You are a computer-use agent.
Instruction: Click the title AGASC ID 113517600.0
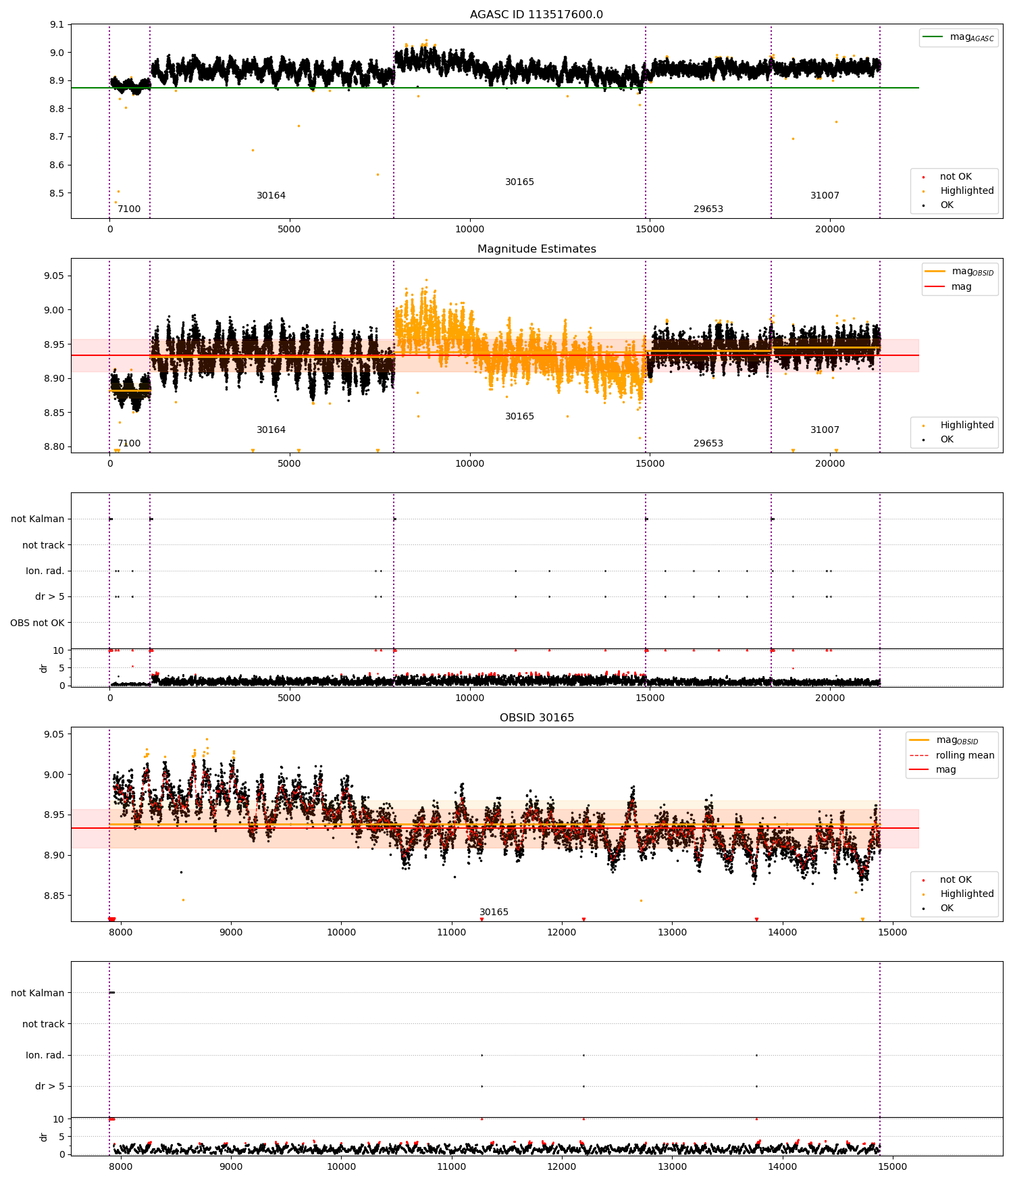pyautogui.click(x=536, y=15)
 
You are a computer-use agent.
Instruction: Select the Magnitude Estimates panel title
pyautogui.click(x=536, y=249)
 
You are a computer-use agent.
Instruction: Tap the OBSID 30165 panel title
pyautogui.click(x=536, y=718)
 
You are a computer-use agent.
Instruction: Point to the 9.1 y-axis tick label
pyautogui.click(x=57, y=25)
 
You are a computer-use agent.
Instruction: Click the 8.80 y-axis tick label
pyautogui.click(x=53, y=446)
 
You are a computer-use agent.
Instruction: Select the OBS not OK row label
pyautogui.click(x=37, y=623)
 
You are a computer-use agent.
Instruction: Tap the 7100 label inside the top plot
pyautogui.click(x=129, y=209)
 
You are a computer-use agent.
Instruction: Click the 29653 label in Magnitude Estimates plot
pyautogui.click(x=708, y=444)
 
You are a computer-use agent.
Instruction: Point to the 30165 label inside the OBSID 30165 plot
pyautogui.click(x=494, y=913)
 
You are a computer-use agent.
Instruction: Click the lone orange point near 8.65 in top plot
pyautogui.click(x=253, y=150)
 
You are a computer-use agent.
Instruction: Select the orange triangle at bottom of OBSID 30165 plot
pyautogui.click(x=862, y=919)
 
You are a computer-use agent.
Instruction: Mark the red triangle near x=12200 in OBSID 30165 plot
pyautogui.click(x=583, y=919)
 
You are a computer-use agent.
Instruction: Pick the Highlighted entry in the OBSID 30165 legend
pyautogui.click(x=966, y=894)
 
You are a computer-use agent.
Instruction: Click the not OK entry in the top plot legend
pyautogui.click(x=955, y=177)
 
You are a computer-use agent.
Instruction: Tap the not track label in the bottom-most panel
pyautogui.click(x=43, y=1024)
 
